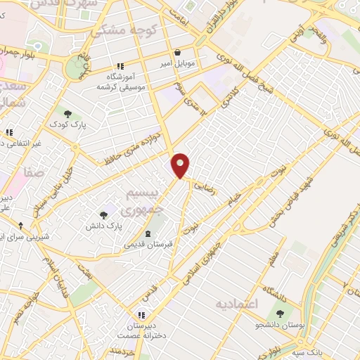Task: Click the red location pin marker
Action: pos(181,165)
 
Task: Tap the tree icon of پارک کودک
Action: pos(67,113)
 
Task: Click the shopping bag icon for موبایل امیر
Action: pos(176,52)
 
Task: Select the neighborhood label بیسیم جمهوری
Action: pos(148,201)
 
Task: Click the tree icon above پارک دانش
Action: pos(104,215)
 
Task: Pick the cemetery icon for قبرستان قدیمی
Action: pos(148,234)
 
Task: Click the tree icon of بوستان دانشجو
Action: pos(281,314)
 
